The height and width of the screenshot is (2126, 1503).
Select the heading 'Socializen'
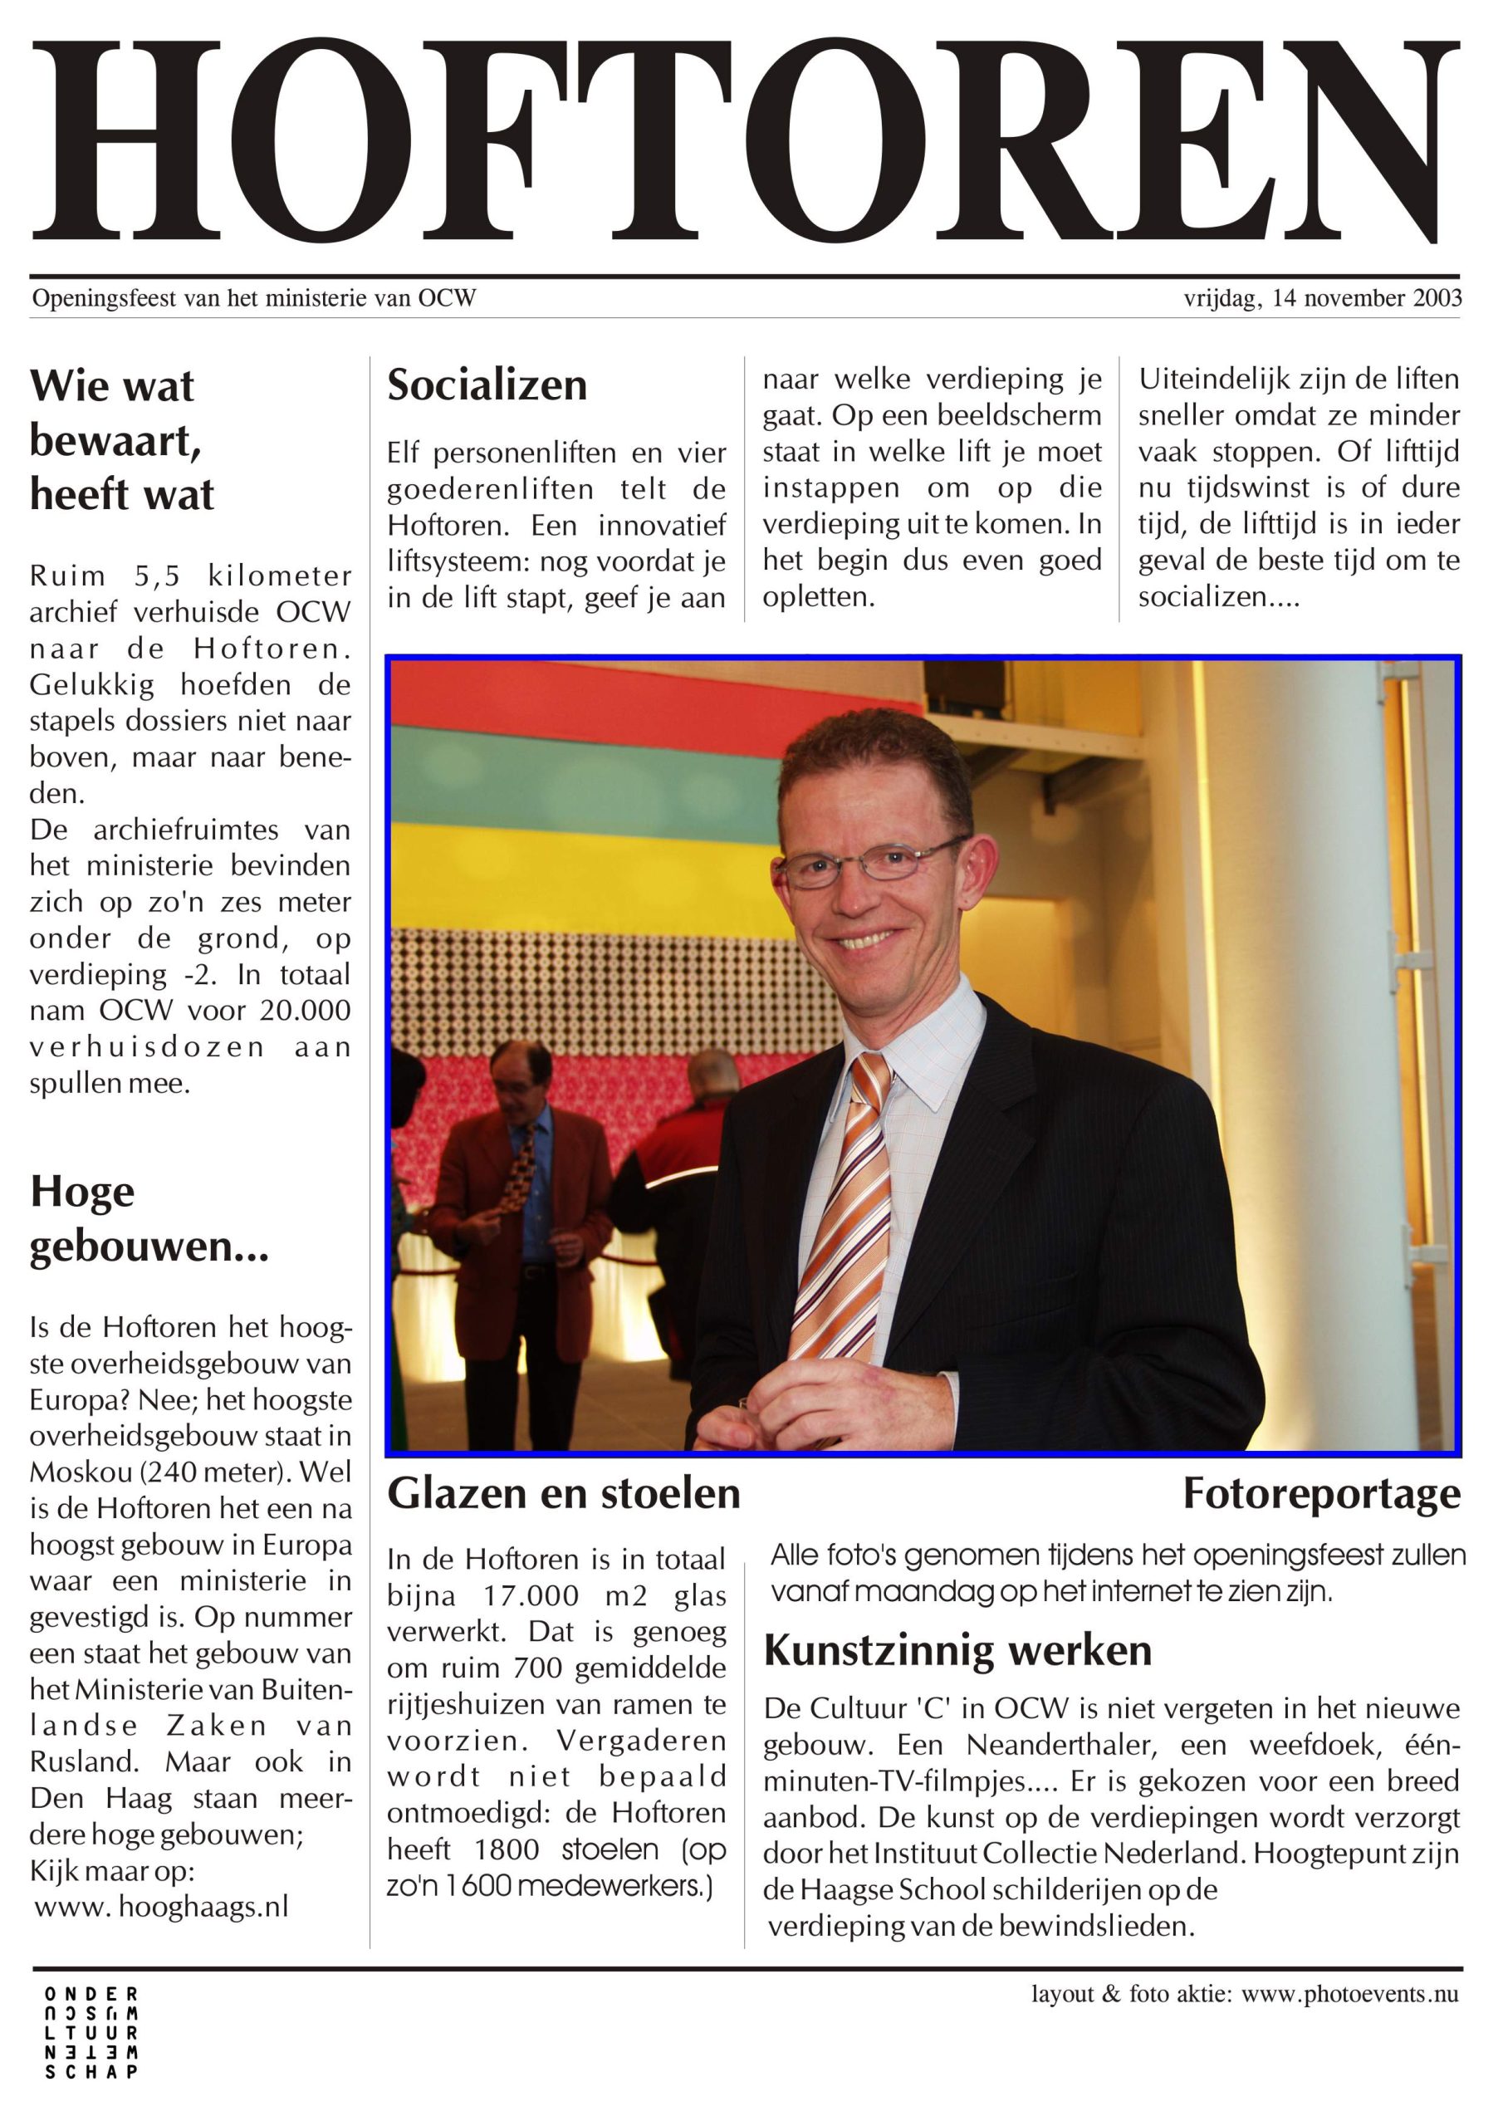[487, 385]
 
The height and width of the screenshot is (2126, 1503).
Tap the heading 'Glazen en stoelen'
[563, 1493]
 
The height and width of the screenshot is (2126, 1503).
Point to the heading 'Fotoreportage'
[1321, 1493]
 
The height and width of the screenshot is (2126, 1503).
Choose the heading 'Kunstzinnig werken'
[957, 1650]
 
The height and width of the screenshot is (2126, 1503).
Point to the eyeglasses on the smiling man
[870, 863]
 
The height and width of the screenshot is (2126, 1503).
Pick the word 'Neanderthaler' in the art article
[1060, 1746]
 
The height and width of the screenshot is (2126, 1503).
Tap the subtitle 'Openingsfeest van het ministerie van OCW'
[254, 298]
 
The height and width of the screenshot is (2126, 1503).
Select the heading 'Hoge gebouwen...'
[148, 1218]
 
